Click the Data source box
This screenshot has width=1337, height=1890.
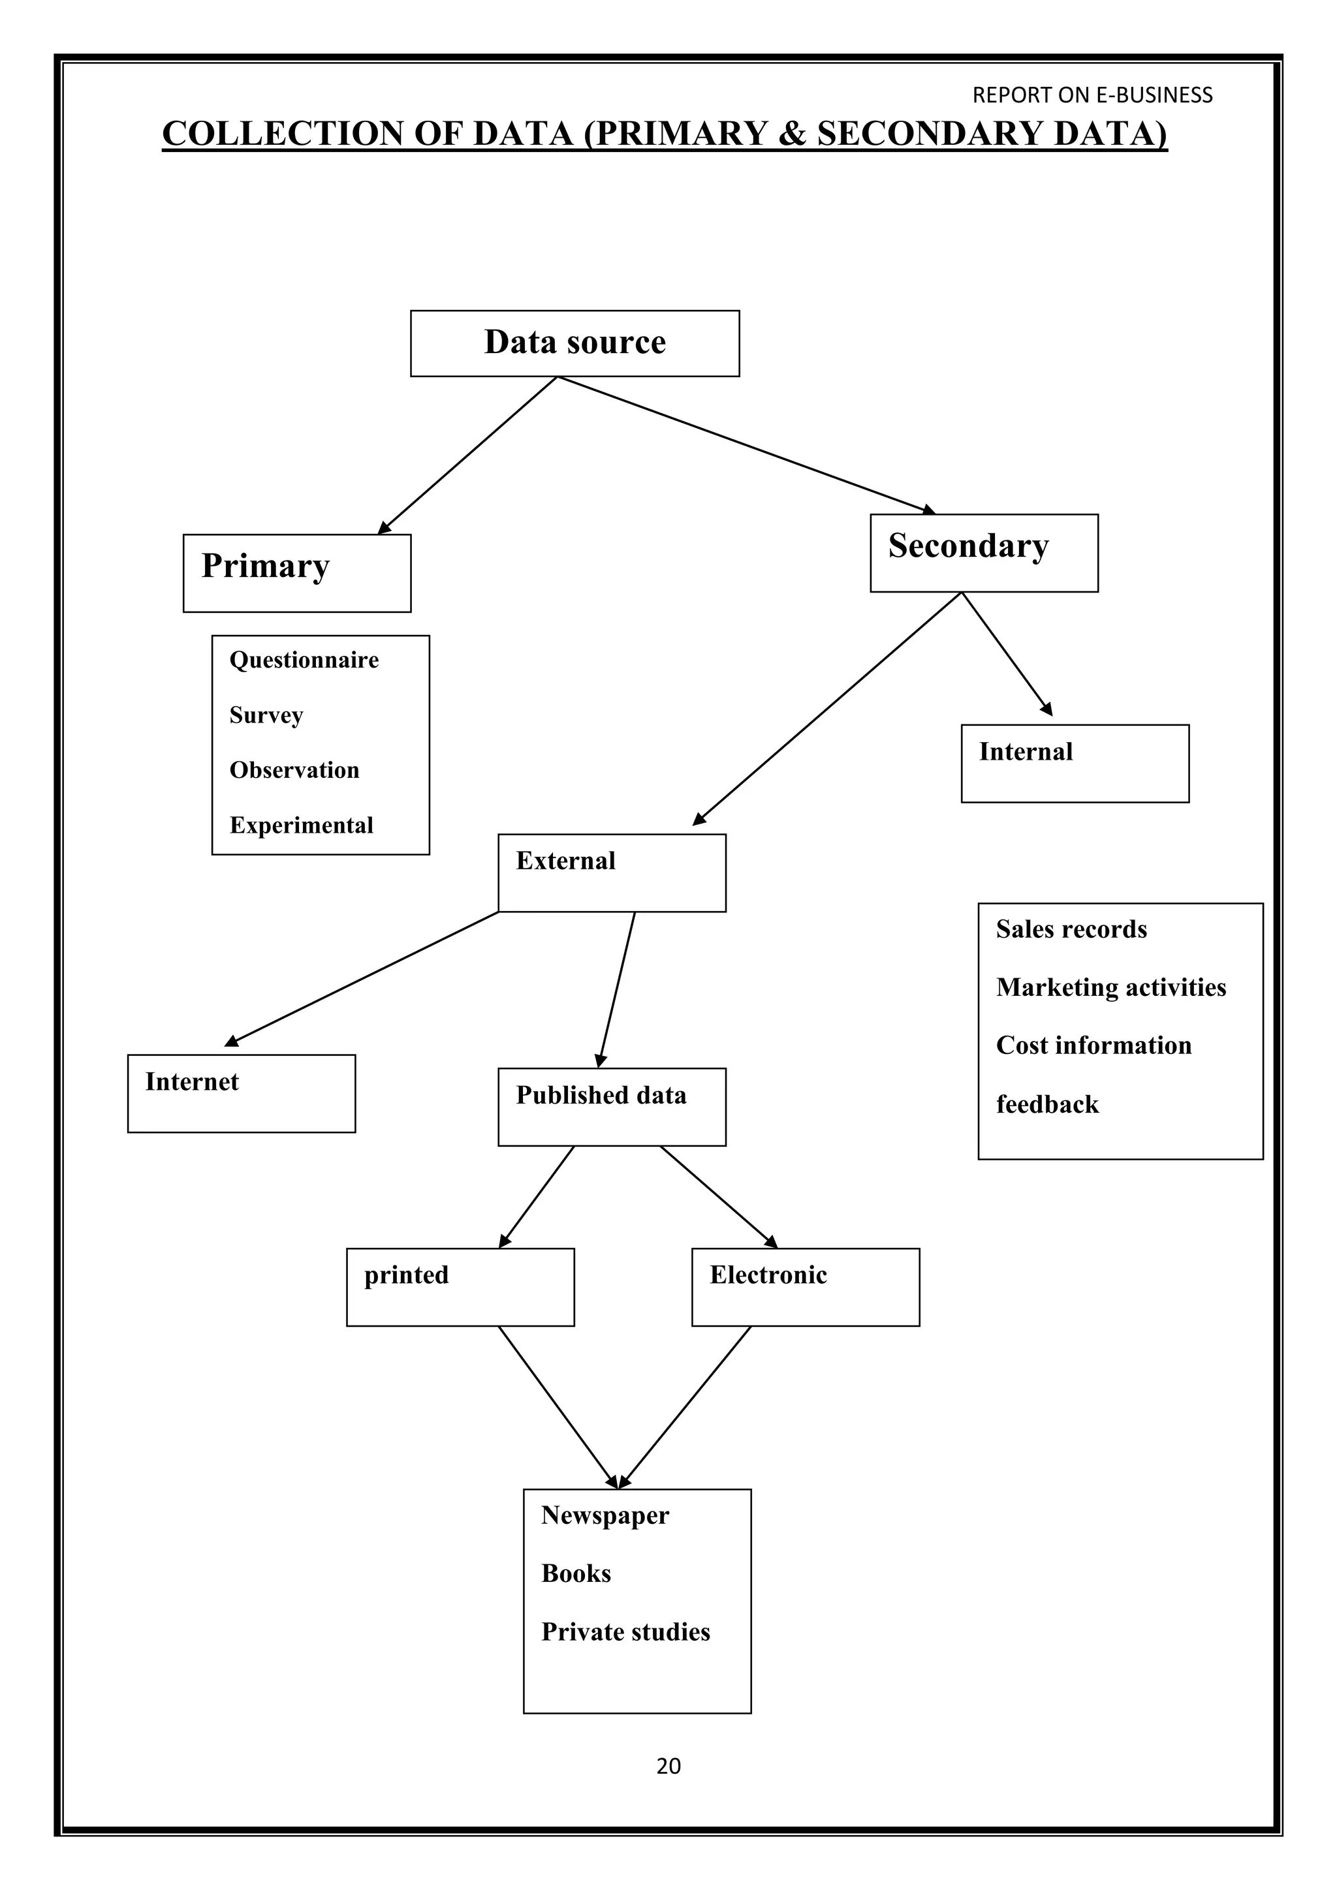(x=574, y=343)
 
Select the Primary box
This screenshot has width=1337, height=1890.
(x=296, y=573)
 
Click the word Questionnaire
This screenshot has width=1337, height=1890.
(x=304, y=660)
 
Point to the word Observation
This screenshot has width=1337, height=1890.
(x=294, y=771)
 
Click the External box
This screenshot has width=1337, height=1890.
(x=612, y=873)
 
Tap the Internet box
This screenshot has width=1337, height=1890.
(x=241, y=1093)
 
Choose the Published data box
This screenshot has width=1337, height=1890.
(x=612, y=1106)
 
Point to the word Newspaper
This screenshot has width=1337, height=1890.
(x=605, y=1515)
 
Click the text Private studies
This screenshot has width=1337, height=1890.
(x=625, y=1632)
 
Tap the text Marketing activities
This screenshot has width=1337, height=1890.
(x=1110, y=988)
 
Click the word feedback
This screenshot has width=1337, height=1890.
(x=1047, y=1105)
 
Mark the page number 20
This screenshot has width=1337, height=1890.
(x=668, y=1766)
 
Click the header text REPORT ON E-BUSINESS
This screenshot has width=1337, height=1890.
(x=1092, y=95)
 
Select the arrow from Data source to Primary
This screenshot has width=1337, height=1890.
(x=467, y=456)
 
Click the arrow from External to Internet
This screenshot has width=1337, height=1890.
(x=362, y=979)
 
